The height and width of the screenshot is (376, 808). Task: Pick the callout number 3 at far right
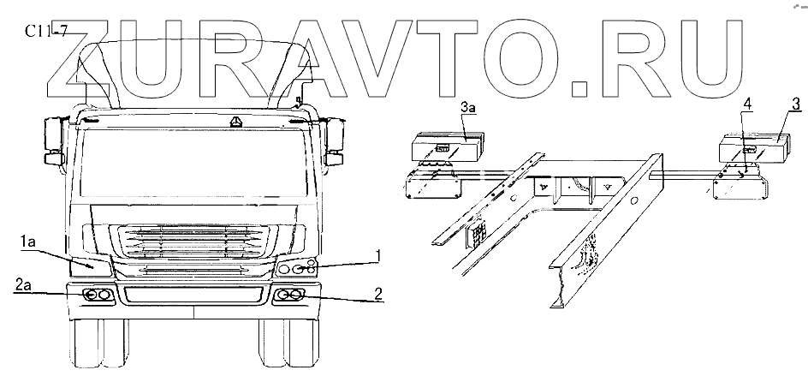pos(795,104)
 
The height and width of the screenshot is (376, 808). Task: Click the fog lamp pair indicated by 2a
pos(97,295)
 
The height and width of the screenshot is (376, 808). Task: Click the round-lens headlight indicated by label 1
pos(297,268)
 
